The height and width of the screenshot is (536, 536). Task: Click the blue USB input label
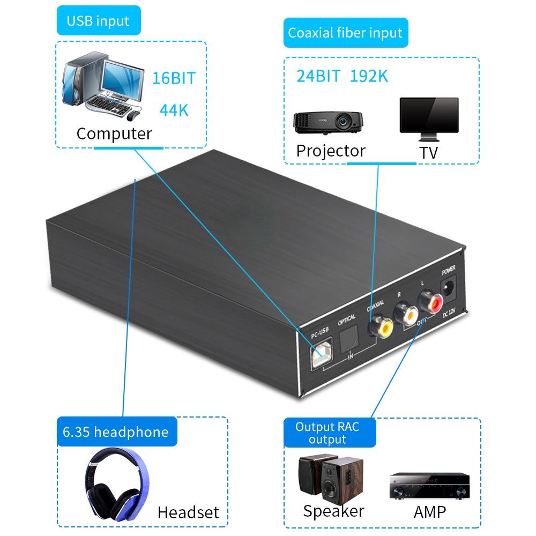tap(98, 21)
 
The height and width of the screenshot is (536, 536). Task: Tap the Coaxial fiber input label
tap(345, 33)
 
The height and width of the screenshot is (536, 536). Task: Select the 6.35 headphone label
tap(115, 432)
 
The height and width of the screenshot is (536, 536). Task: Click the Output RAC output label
tap(327, 433)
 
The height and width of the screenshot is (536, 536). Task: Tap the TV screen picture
tap(429, 116)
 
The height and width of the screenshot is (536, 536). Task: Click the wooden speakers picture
tap(326, 477)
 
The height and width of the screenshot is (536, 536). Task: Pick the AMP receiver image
tap(429, 485)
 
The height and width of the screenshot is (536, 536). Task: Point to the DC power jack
tap(448, 290)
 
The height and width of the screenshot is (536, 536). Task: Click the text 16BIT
tap(174, 78)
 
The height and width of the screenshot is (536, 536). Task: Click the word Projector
tap(331, 151)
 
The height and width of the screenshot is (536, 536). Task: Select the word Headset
tap(188, 512)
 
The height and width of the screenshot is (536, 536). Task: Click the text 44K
tap(174, 110)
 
